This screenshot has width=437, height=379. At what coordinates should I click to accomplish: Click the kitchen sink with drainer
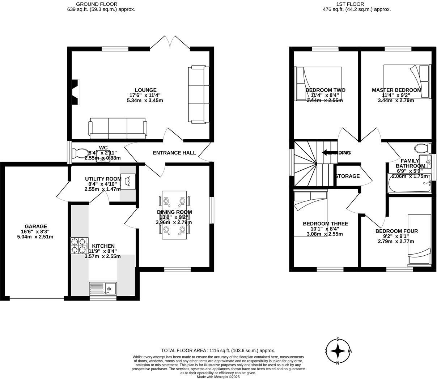(103, 289)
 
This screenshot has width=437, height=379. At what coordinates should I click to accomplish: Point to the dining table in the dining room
(174, 215)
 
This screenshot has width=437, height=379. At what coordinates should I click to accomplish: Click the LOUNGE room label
(145, 90)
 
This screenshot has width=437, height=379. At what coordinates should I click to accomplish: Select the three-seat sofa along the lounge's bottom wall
(118, 128)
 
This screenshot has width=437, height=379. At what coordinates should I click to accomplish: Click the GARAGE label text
(36, 227)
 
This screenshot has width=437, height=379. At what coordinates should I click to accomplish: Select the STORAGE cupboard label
(348, 176)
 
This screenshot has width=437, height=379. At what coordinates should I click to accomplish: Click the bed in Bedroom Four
(419, 240)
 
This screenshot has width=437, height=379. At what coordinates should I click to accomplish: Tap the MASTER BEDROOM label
(396, 90)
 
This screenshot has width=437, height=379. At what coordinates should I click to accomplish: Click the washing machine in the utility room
(127, 181)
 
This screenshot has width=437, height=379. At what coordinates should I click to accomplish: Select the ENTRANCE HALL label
(174, 153)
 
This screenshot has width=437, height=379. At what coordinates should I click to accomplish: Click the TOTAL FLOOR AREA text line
(218, 350)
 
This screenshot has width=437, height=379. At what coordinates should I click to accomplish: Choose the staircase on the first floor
(311, 164)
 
